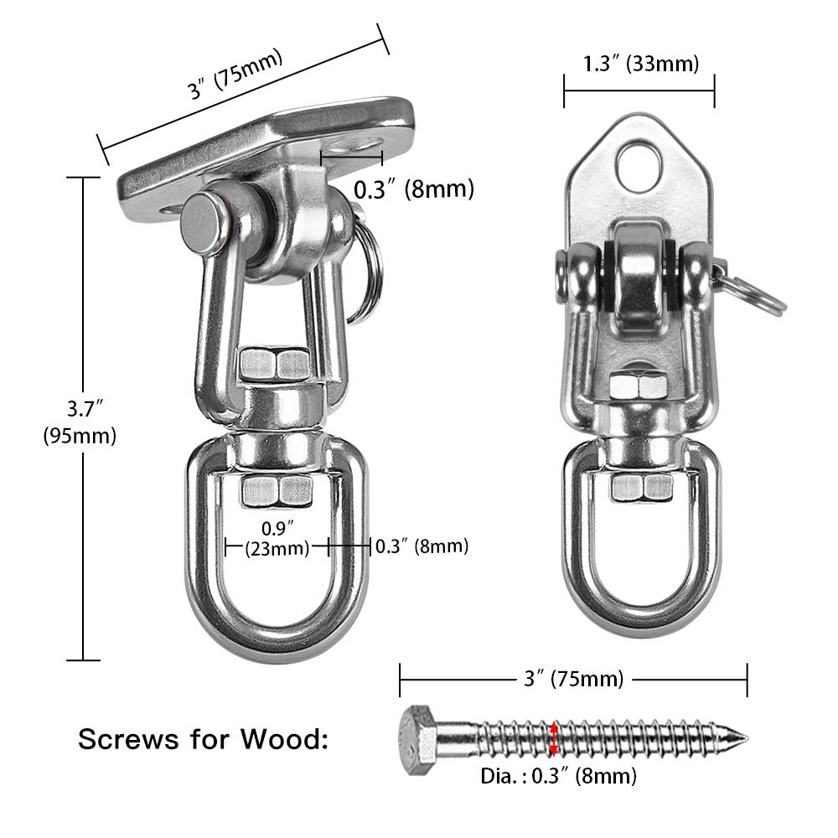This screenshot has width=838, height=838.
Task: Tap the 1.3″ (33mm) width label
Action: click(639, 63)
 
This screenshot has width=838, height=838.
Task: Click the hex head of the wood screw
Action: click(416, 736)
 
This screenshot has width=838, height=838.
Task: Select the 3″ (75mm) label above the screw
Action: click(573, 679)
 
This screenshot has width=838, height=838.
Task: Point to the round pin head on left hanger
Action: click(202, 225)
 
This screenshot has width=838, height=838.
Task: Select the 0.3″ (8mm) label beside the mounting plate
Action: click(413, 189)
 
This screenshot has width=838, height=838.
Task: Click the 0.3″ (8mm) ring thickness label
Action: click(421, 546)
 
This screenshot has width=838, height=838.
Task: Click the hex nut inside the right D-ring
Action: click(641, 486)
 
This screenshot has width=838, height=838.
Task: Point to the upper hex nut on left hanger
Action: click(273, 362)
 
